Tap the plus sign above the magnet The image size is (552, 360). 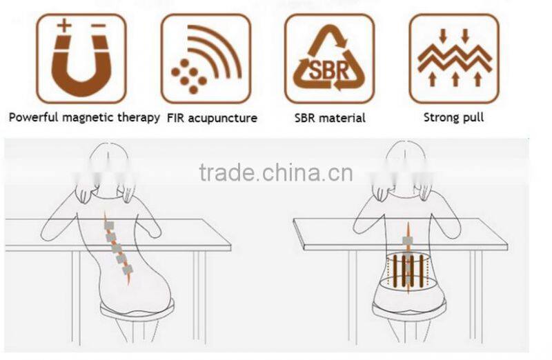click(x=64, y=26)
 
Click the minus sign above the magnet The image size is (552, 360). click(x=99, y=26)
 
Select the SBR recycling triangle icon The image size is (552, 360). click(x=329, y=59)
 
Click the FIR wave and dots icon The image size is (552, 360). click(x=206, y=59)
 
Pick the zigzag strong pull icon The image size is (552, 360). click(x=454, y=59)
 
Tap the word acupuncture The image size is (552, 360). click(x=222, y=118)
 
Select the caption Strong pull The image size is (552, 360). click(x=453, y=117)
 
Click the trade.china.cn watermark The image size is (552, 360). click(x=275, y=172)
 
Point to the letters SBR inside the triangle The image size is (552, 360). click(x=329, y=70)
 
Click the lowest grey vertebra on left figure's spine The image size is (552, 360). click(x=128, y=270)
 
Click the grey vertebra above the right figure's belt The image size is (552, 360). click(x=408, y=241)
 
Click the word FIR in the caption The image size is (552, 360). click(x=175, y=118)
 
